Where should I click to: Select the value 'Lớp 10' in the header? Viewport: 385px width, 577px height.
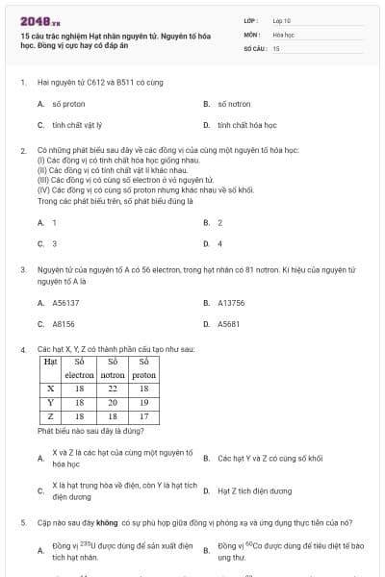pyautogui.click(x=282, y=19)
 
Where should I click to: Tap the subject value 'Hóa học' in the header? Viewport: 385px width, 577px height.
pyautogui.click(x=283, y=34)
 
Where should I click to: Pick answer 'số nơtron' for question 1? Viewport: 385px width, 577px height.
pyautogui.click(x=233, y=103)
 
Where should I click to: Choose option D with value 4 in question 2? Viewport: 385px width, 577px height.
pyautogui.click(x=219, y=243)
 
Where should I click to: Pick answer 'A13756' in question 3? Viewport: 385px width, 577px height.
pyautogui.click(x=231, y=303)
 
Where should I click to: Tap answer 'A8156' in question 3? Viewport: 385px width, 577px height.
pyautogui.click(x=64, y=324)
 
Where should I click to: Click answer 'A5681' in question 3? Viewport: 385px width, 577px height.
pyautogui.click(x=228, y=324)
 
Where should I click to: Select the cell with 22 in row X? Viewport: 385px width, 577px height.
pyautogui.click(x=112, y=389)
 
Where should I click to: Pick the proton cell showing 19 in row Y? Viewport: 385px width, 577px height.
pyautogui.click(x=143, y=402)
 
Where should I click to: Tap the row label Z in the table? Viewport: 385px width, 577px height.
pyautogui.click(x=50, y=416)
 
